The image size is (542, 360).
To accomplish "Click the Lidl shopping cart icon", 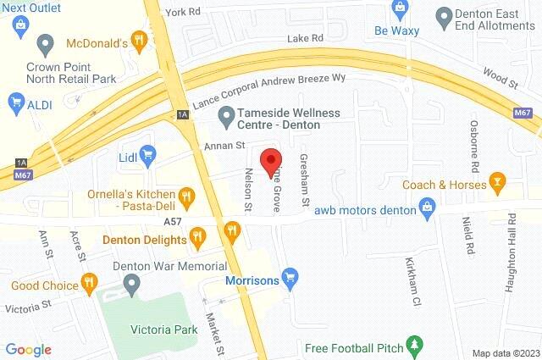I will tap(149, 154).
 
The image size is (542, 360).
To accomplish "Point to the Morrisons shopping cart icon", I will tap(290, 277).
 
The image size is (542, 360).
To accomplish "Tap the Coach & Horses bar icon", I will tap(497, 183).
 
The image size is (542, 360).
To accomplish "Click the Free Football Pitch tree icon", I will tap(414, 345).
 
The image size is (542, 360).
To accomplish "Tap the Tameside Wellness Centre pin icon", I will tap(225, 114).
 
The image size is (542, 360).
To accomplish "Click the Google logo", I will tap(28, 349).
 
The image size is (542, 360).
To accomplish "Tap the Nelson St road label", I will tap(248, 191).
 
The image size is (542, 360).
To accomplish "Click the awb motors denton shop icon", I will tap(428, 208).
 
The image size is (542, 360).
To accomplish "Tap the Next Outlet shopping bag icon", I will tap(17, 26).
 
